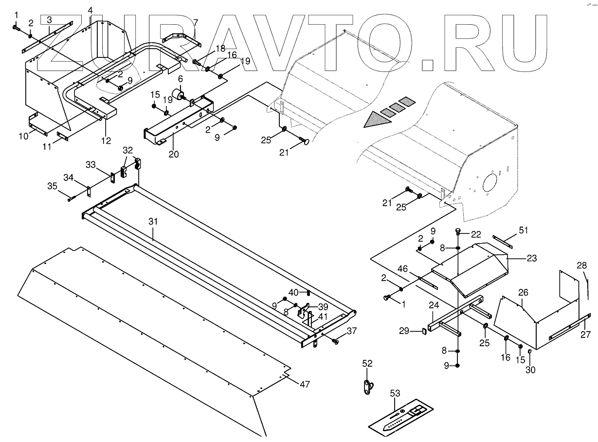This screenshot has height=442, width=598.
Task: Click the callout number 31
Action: point(153,221)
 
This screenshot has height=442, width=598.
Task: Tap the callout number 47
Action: point(304,385)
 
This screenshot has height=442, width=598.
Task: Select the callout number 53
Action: point(396,392)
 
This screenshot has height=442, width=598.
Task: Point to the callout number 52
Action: point(367,363)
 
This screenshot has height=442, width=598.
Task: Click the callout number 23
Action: point(531,259)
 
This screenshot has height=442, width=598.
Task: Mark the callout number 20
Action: point(174,155)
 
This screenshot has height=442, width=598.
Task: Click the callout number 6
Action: point(180,79)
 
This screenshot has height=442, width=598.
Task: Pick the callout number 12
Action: point(106,141)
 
